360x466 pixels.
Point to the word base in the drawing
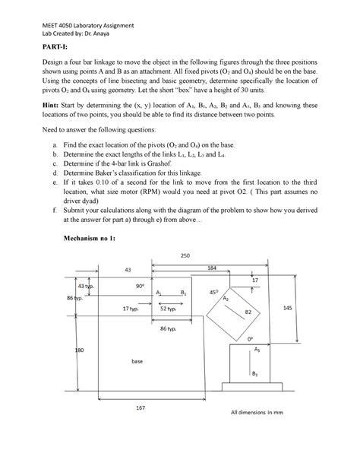click(x=137, y=361)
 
